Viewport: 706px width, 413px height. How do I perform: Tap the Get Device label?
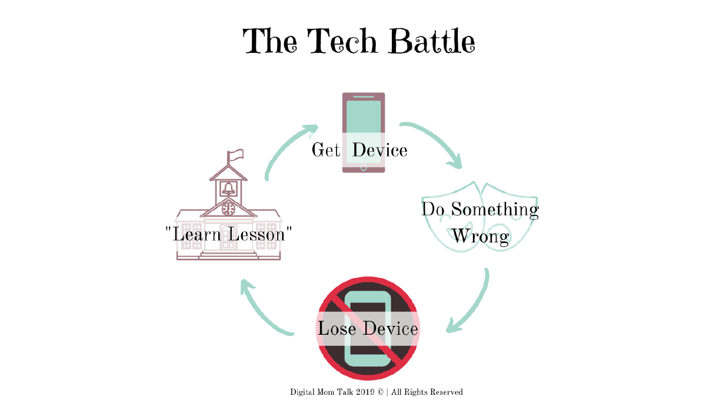359,150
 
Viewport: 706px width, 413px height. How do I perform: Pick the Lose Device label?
368,328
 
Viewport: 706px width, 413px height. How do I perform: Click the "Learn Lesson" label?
229,234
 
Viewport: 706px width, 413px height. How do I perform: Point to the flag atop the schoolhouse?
236,155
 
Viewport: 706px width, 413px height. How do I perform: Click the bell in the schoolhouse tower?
228,189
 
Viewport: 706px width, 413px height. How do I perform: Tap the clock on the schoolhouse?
228,208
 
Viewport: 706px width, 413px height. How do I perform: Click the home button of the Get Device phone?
364,167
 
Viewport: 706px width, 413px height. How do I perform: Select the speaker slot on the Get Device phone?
364,96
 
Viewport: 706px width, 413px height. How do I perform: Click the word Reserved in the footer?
447,392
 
